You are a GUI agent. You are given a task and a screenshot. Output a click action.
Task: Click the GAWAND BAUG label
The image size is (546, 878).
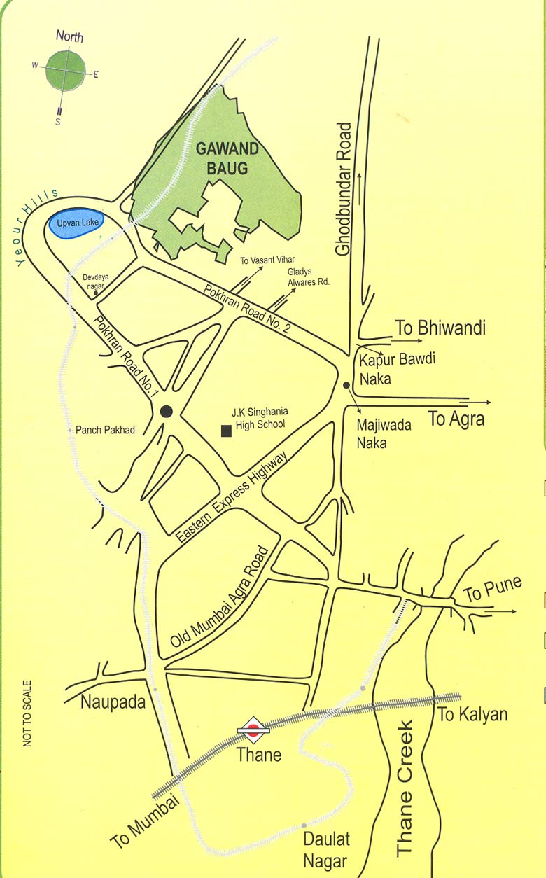pyautogui.click(x=227, y=158)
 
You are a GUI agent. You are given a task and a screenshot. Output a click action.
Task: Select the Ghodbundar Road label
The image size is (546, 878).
pyautogui.click(x=343, y=189)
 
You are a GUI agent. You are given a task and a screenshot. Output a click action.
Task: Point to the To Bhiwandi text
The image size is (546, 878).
pyautogui.click(x=440, y=328)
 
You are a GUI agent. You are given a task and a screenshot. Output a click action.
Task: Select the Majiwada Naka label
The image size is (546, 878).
pyautogui.click(x=383, y=433)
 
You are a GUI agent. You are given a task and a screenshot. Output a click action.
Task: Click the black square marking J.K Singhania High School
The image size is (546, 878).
pyautogui.click(x=226, y=431)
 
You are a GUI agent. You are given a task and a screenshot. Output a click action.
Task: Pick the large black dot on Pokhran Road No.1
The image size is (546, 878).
pyautogui.click(x=167, y=412)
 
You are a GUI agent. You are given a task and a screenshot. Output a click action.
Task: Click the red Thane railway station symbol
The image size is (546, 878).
pyautogui.click(x=253, y=731)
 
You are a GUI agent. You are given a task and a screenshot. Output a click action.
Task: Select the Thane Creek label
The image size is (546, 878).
pyautogui.click(x=405, y=788)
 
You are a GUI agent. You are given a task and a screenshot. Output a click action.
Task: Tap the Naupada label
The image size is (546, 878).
pyautogui.click(x=113, y=702)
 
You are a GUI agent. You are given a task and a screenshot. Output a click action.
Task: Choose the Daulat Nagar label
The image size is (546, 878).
pyautogui.click(x=326, y=849)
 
